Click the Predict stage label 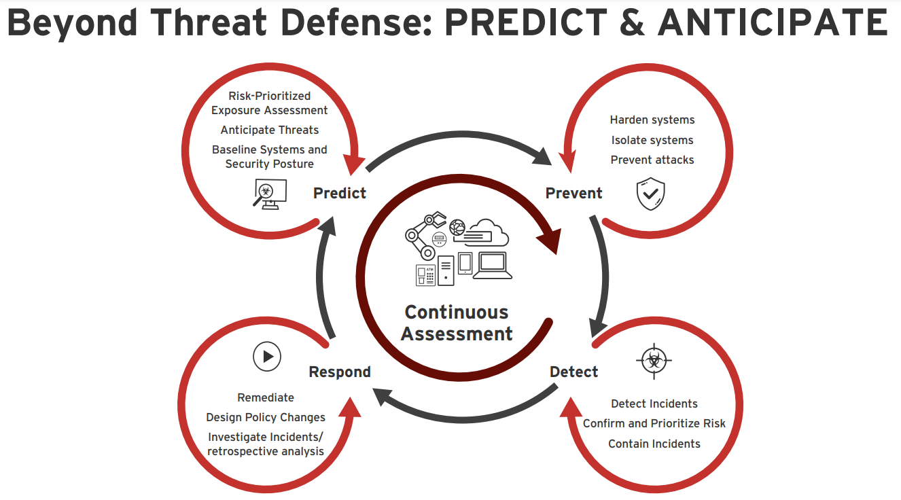[340, 194]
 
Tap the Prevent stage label [573, 194]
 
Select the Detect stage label [573, 372]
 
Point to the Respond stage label [340, 372]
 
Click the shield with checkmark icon [650, 194]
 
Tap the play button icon [266, 357]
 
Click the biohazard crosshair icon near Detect [654, 361]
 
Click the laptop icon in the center [493, 266]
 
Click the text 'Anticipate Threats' [270, 130]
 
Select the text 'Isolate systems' [652, 140]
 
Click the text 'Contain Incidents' [654, 444]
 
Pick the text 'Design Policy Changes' [266, 418]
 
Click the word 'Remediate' [266, 397]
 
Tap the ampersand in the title [632, 23]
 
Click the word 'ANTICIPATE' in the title [773, 23]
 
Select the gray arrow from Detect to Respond [463, 418]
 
